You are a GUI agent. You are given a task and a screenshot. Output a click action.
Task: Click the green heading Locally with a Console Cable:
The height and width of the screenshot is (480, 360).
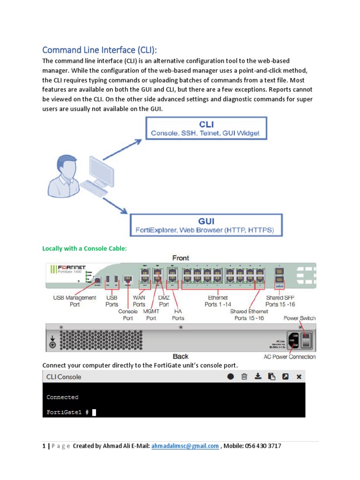[84, 248]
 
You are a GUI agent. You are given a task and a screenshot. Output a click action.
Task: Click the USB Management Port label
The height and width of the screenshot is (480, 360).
[75, 300]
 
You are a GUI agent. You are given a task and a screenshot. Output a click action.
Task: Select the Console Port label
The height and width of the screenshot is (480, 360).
[128, 314]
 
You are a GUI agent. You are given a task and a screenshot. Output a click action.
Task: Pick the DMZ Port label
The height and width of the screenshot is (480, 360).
[164, 300]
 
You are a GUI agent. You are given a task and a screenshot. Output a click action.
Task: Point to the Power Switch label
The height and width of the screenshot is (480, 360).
[300, 318]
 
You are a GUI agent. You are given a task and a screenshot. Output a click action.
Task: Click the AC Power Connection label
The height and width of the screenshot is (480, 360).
[289, 357]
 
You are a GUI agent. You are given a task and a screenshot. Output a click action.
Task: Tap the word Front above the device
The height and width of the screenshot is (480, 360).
[180, 258]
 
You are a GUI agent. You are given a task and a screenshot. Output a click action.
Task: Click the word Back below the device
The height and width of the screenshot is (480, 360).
[180, 357]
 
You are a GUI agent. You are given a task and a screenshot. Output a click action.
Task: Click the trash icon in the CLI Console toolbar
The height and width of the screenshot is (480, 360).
[244, 376]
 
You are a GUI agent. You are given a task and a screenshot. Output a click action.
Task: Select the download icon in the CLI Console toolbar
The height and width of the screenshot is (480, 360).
[258, 376]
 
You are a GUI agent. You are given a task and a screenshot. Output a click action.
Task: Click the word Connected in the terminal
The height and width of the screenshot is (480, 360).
[62, 397]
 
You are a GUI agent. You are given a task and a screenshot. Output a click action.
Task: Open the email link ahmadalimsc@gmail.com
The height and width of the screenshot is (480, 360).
[185, 446]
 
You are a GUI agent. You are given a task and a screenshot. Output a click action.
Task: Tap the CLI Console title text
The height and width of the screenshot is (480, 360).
[63, 376]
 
